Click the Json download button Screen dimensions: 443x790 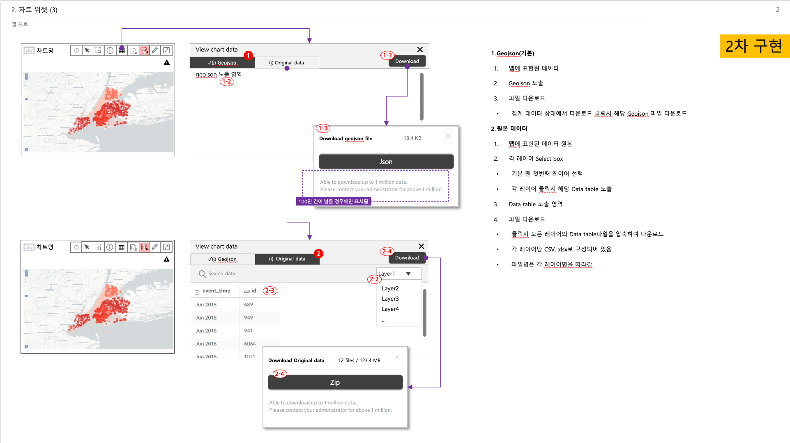(x=386, y=162)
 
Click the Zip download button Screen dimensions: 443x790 (x=335, y=382)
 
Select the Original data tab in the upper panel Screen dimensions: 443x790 (x=287, y=63)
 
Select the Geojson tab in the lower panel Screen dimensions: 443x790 (x=222, y=259)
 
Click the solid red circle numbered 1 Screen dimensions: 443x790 (x=248, y=55)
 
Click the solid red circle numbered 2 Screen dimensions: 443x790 (x=318, y=253)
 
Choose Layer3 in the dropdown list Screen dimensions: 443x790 (x=390, y=299)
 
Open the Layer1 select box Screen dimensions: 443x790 (x=398, y=274)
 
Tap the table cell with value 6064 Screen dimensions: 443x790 (x=250, y=344)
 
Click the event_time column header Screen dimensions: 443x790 (x=216, y=291)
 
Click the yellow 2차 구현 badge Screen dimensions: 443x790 (x=754, y=46)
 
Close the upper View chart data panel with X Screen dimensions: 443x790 (x=420, y=50)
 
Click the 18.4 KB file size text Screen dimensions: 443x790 (x=412, y=138)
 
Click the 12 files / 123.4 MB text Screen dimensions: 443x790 (x=359, y=361)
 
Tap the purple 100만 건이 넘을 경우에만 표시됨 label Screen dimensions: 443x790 (x=333, y=201)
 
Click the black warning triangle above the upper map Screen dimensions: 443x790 (x=166, y=63)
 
